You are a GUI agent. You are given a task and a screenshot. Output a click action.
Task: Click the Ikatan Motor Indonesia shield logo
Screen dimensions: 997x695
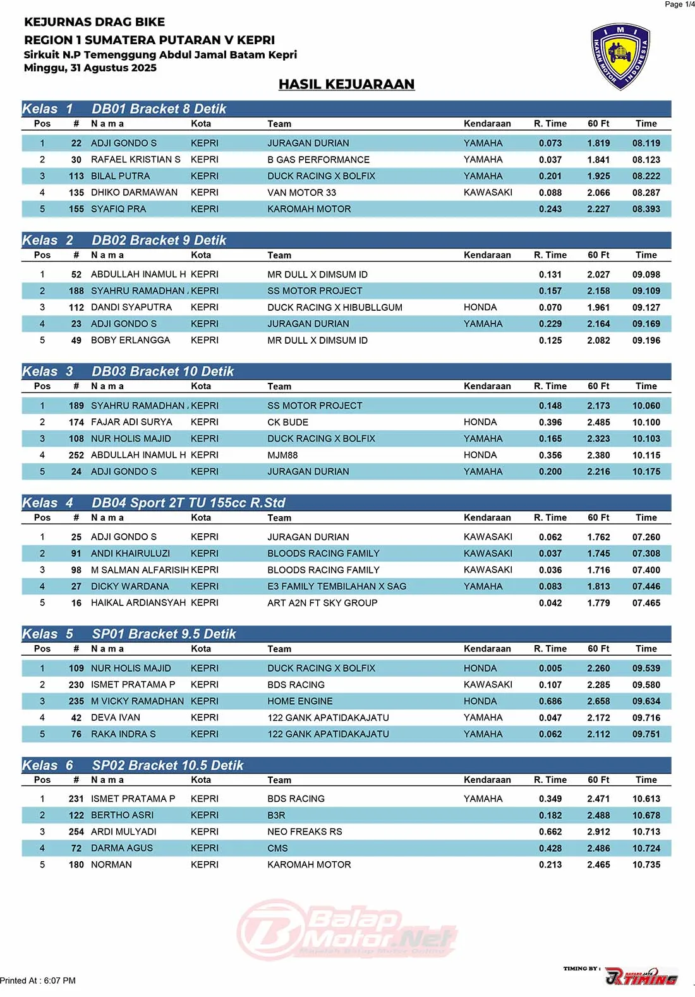(620, 57)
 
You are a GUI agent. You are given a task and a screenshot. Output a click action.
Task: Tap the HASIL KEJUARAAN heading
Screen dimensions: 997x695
(346, 84)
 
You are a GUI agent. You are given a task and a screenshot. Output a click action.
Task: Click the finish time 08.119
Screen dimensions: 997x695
(646, 143)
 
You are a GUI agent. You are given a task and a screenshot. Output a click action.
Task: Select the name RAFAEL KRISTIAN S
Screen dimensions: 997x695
(135, 160)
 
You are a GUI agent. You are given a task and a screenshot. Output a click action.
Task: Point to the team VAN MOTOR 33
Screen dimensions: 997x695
(301, 193)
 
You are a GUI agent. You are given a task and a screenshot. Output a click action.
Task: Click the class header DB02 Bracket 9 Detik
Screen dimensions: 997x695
(159, 240)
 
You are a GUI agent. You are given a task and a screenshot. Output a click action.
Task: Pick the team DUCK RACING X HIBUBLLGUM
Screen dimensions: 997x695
(334, 308)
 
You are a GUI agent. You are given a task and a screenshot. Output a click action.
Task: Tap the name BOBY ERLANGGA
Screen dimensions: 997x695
(130, 341)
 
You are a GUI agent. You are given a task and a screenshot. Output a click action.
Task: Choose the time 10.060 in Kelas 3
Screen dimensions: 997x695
(646, 406)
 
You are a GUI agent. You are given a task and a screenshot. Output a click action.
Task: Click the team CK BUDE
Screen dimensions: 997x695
(287, 422)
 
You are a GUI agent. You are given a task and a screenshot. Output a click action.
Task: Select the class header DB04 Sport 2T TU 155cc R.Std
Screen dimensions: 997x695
(188, 503)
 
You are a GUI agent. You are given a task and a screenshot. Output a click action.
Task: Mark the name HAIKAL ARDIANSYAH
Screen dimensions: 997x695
(138, 603)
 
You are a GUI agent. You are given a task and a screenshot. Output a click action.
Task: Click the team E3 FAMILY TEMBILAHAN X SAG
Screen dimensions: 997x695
(337, 586)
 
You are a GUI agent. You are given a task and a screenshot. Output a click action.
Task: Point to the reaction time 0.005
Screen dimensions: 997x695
(550, 668)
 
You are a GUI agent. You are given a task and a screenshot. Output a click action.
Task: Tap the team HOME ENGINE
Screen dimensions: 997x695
(299, 701)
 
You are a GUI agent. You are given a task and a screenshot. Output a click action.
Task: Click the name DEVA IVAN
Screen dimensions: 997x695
(115, 718)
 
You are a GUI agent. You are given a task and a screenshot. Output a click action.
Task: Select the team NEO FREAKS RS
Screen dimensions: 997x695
(305, 832)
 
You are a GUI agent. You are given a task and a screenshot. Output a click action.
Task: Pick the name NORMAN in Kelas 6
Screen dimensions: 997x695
(111, 865)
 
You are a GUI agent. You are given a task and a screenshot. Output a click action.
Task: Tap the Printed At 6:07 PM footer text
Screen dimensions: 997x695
(38, 981)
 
